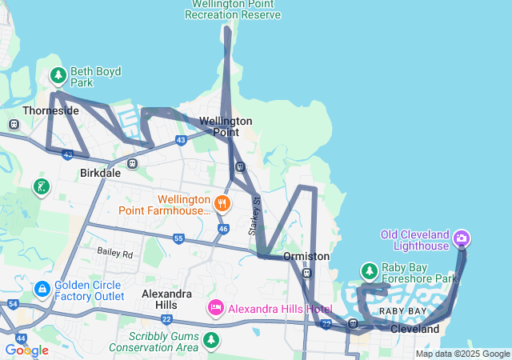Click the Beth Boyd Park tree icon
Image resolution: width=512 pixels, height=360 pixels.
[58, 76]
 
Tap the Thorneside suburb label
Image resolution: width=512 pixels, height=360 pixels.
[50, 110]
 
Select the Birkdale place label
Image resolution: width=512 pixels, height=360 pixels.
[100, 173]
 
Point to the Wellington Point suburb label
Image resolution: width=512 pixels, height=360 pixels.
[226, 126]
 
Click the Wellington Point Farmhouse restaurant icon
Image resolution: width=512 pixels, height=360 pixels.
[222, 204]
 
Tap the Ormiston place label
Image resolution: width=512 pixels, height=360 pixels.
[306, 256]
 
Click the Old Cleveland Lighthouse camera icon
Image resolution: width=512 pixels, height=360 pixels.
[462, 238]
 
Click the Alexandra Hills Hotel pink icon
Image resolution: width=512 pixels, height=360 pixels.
[216, 308]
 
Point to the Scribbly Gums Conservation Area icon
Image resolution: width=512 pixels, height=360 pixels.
[211, 340]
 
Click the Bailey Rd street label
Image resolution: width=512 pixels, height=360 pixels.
[115, 253]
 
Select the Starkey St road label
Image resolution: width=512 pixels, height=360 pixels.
[256, 215]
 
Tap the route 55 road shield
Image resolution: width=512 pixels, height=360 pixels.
[178, 238]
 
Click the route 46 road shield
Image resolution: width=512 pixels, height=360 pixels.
[223, 229]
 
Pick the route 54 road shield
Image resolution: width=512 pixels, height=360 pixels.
[12, 305]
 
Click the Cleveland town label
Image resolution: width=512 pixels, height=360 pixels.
[414, 329]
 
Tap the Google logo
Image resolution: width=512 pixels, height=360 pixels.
[26, 350]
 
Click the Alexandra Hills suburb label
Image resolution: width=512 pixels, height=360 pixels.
[166, 299]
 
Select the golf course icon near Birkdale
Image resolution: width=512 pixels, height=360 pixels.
[41, 187]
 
